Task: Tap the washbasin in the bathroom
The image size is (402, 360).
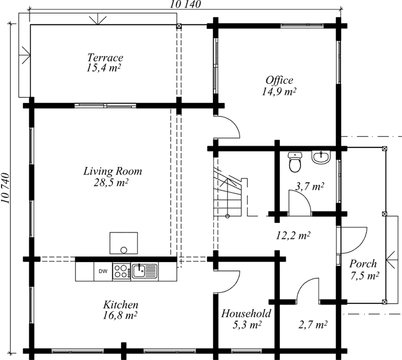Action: click(321, 157)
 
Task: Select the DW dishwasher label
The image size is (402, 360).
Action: click(103, 272)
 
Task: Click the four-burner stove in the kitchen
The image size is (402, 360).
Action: click(121, 272)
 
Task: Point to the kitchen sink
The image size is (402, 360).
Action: click(144, 272)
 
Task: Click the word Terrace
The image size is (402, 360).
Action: click(105, 58)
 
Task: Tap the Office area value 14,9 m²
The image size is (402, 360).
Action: click(279, 92)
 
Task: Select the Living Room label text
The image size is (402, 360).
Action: click(113, 171)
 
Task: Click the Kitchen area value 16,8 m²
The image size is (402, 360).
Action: click(120, 316)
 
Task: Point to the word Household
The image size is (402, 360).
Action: click(246, 313)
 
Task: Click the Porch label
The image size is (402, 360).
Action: click(363, 264)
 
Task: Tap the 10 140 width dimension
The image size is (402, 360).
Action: click(185, 4)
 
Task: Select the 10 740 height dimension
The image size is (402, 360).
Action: click(5, 188)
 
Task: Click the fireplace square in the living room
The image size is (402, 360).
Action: click(124, 243)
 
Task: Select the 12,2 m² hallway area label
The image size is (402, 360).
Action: click(293, 235)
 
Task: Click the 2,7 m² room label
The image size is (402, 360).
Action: click(313, 325)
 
